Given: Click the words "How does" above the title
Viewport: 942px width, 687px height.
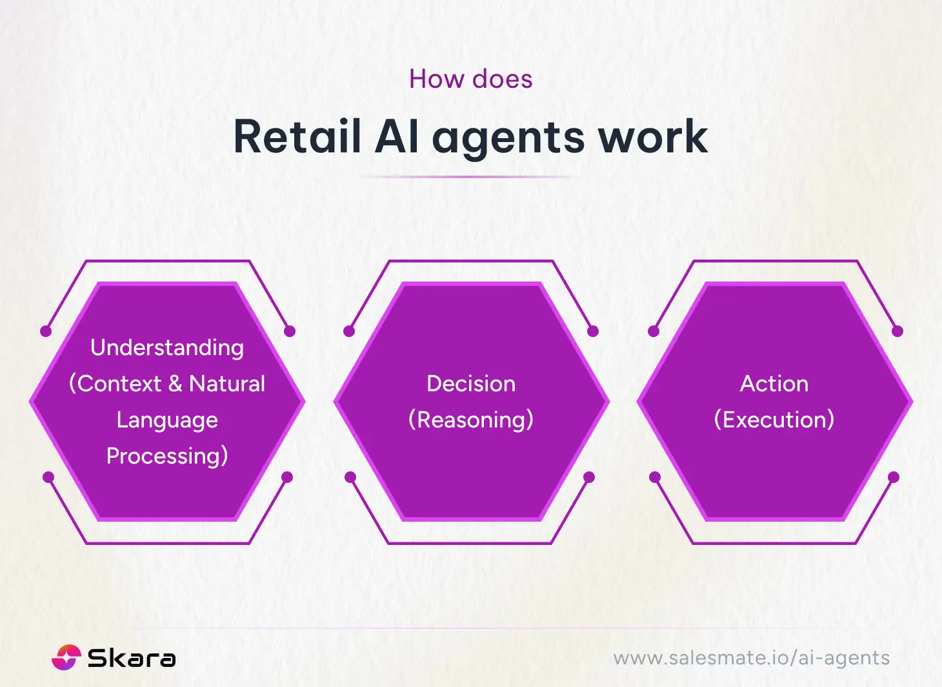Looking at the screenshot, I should [x=470, y=79].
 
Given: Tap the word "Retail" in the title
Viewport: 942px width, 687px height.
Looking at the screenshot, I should [x=297, y=137].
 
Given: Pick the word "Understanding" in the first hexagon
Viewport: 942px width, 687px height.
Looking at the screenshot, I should [x=167, y=347].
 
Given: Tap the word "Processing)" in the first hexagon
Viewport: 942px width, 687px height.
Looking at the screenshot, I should [x=167, y=456].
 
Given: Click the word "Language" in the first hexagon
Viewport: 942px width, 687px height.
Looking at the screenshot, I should [x=167, y=420].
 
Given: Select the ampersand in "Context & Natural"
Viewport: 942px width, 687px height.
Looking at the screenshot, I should [x=175, y=384].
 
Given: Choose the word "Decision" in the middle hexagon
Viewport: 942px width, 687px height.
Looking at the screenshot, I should [x=471, y=384].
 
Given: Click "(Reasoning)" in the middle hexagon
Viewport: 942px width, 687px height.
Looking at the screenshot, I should [x=471, y=420].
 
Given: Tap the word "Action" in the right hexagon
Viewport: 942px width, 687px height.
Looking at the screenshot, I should [x=774, y=384].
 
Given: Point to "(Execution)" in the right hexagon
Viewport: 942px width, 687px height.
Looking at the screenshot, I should [x=774, y=420].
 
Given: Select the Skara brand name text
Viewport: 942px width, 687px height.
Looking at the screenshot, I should [x=132, y=658].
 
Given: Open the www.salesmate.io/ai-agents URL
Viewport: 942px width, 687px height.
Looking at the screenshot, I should [x=751, y=658].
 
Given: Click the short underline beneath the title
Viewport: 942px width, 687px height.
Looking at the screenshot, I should [x=470, y=176].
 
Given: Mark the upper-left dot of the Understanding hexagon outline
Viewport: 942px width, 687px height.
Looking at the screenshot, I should [x=46, y=331].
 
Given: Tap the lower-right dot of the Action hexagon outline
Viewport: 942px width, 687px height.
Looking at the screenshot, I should [x=894, y=477].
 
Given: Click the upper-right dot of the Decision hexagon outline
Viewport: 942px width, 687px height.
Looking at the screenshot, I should [x=593, y=331].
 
